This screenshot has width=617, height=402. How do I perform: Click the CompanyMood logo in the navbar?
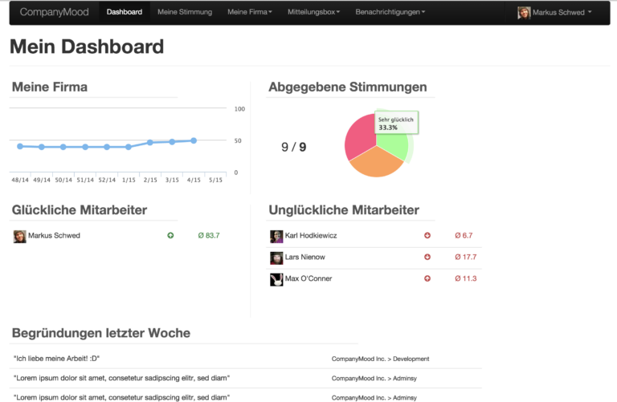point(55,12)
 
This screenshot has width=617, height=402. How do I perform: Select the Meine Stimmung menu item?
point(185,12)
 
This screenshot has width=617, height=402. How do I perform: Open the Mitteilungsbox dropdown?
point(313,12)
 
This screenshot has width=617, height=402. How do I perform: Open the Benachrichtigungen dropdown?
point(390,12)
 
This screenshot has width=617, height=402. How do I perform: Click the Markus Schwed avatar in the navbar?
point(524,13)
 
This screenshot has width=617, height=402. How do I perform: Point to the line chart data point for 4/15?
point(194,140)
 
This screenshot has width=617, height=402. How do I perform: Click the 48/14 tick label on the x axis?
point(20,180)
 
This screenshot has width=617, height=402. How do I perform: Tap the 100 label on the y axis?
point(239,109)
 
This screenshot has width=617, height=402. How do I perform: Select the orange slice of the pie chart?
point(376,163)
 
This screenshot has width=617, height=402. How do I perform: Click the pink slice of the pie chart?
point(359,137)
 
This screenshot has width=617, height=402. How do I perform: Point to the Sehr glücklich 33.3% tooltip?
point(396,123)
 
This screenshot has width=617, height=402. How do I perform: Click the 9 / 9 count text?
point(293,147)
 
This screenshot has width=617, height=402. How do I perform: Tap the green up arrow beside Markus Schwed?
point(170,235)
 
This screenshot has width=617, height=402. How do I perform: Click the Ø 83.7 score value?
point(209,235)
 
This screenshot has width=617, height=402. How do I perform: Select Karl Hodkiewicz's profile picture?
point(276,237)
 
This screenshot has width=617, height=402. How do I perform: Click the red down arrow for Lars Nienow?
point(427,257)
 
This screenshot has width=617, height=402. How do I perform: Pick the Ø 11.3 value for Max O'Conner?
point(465,278)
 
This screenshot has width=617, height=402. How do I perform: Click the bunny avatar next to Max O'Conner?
point(276,279)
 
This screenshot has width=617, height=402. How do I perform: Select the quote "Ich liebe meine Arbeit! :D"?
point(57,359)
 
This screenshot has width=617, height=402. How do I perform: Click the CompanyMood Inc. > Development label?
point(380,359)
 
